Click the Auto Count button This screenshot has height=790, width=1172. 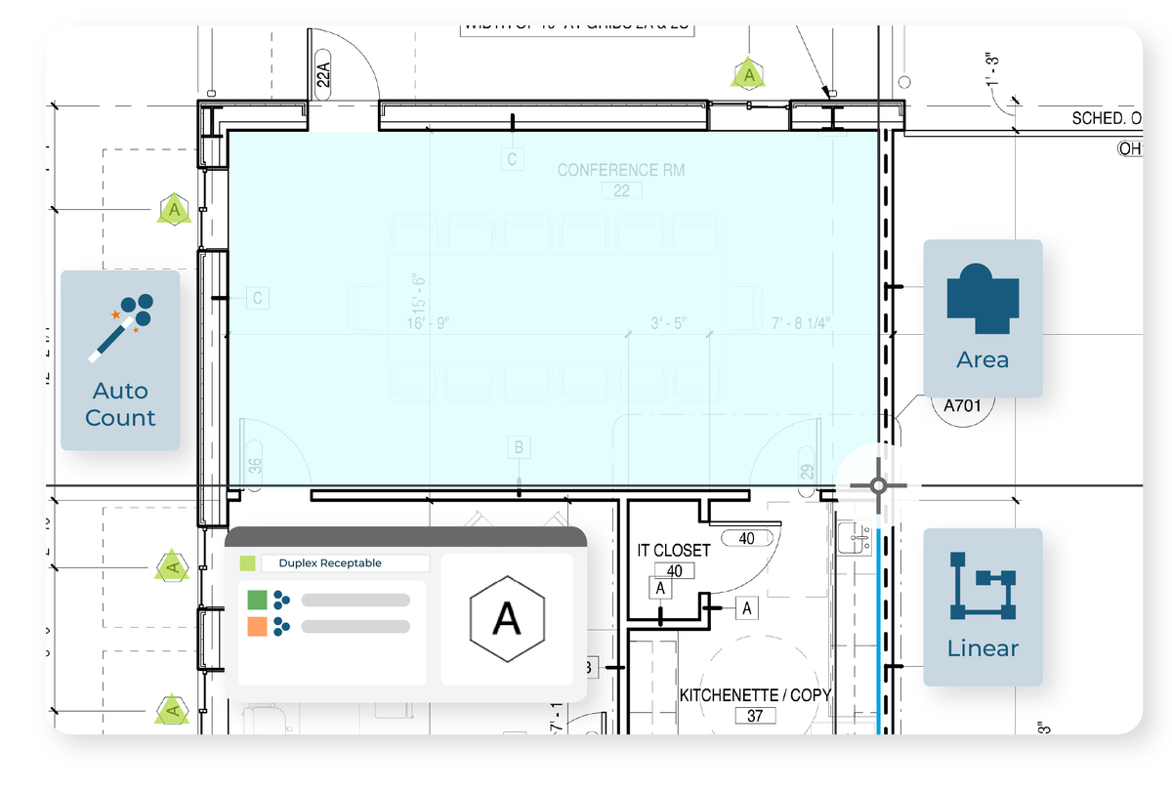click(x=120, y=360)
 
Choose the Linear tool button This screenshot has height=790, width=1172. click(x=983, y=605)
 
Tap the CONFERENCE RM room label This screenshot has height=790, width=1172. click(x=621, y=170)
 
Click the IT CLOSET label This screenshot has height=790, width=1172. click(x=674, y=551)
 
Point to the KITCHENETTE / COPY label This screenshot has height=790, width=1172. click(x=755, y=695)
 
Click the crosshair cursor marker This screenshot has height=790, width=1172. click(x=878, y=485)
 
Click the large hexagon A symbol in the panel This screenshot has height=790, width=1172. click(x=506, y=619)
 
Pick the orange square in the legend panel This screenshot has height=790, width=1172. click(x=258, y=626)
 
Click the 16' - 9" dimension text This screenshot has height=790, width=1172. click(x=428, y=323)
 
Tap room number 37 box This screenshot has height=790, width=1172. click(x=755, y=716)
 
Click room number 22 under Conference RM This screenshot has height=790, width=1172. click(x=622, y=191)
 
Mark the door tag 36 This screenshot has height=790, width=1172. click(x=256, y=465)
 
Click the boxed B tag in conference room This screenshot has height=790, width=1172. click(x=520, y=447)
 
